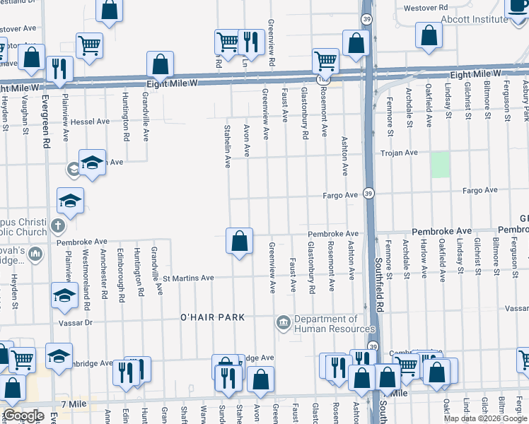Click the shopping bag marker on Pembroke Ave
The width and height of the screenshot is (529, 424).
240,241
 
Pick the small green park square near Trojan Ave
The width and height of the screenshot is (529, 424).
441,165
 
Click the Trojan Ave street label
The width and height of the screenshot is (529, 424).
400,153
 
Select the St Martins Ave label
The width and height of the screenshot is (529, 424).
188,278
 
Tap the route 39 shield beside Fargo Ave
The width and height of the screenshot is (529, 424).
368,194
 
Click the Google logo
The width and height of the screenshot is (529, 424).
23,416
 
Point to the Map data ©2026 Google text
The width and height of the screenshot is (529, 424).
485,418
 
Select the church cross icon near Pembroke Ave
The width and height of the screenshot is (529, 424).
58,227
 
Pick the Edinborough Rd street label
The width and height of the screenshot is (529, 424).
121,271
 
